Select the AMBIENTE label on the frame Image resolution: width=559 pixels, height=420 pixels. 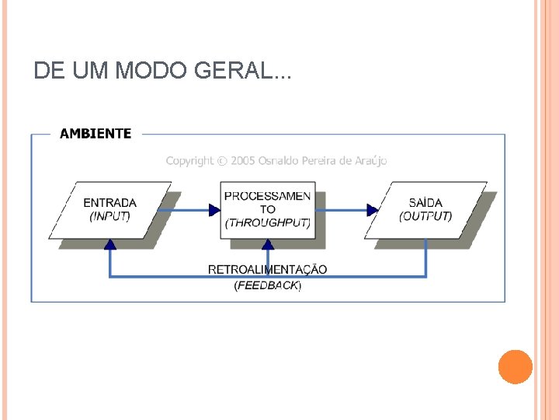95,134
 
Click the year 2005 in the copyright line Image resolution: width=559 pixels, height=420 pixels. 244,161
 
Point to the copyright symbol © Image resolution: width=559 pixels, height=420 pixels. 223,161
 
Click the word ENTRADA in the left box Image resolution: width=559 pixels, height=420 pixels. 109,204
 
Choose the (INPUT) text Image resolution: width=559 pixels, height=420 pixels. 109,216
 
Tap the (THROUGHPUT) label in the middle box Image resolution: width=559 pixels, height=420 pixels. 267,222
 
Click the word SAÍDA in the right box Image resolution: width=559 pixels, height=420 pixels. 425,204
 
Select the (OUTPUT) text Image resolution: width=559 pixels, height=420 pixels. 425,216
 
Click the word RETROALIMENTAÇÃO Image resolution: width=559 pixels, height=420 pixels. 267,270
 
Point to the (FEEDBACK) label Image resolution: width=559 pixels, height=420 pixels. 267,285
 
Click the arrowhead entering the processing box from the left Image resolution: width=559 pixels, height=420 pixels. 215,209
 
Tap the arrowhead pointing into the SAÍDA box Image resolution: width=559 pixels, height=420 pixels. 373,209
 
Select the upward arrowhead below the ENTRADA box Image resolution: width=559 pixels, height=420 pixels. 110,244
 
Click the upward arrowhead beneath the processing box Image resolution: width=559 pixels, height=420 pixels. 268,244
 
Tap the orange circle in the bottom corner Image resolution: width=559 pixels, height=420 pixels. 516,366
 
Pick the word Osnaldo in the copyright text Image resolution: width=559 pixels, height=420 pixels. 283,161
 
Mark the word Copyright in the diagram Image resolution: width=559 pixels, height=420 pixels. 189,161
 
